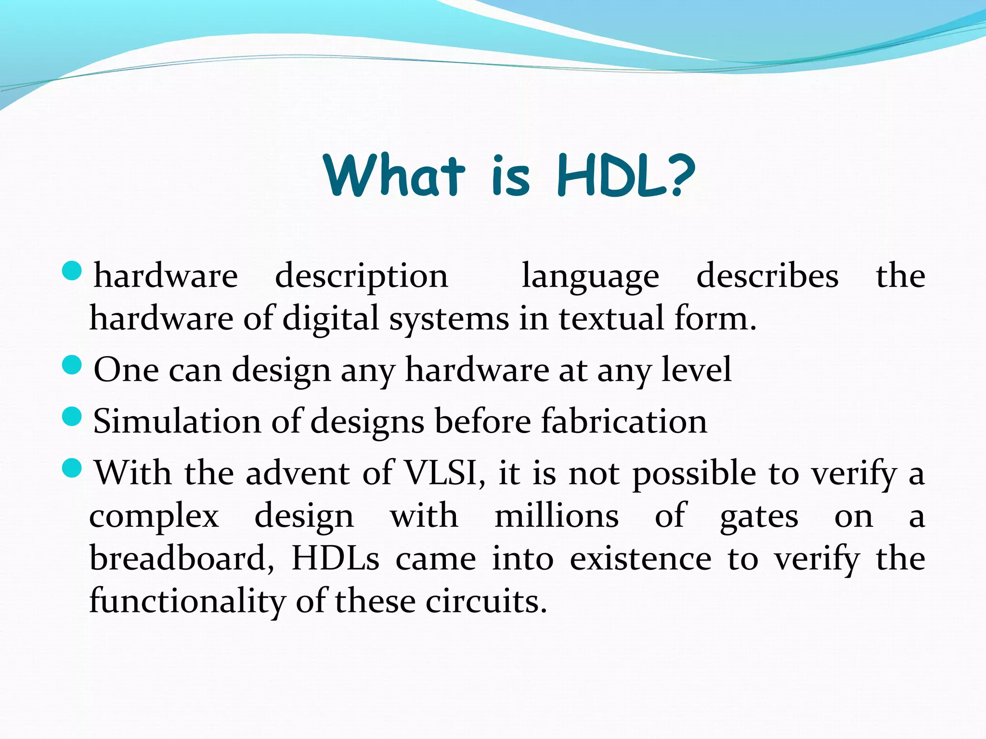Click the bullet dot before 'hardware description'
pos(73,271)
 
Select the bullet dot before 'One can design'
pos(73,365)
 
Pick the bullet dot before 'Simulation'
pos(73,416)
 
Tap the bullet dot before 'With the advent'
pos(73,468)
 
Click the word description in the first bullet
pos(361,278)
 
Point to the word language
pos(590,278)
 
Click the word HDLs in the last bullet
pos(335,559)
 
